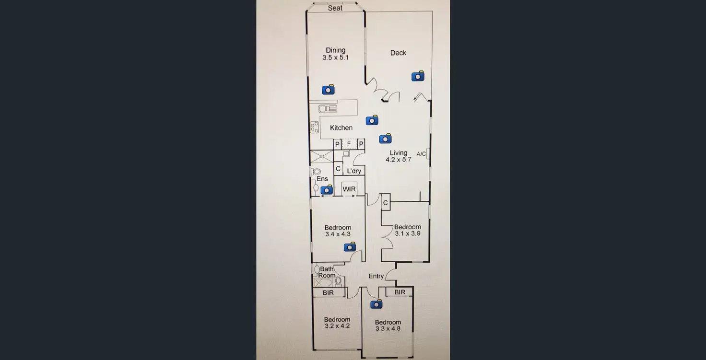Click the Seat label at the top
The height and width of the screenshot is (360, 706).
click(335, 8)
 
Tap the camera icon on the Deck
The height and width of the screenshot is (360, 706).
click(418, 76)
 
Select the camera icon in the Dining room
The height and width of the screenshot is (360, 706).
click(328, 90)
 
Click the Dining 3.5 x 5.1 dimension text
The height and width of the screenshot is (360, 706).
click(336, 58)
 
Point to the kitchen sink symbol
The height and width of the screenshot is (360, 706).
click(328, 109)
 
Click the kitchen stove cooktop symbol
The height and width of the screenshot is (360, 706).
click(315, 127)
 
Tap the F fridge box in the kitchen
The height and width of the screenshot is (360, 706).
click(349, 144)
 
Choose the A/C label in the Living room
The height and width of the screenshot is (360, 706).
click(421, 154)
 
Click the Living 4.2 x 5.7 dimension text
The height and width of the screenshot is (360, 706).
click(399, 160)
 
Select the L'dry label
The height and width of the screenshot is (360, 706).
click(354, 171)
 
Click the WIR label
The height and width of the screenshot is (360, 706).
click(349, 189)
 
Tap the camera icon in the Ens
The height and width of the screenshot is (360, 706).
click(327, 190)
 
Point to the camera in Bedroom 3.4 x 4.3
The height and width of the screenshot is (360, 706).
click(350, 247)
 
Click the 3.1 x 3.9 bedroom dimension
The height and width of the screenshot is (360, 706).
click(408, 234)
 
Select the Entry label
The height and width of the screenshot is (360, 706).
click(376, 276)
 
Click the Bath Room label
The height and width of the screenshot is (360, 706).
click(327, 272)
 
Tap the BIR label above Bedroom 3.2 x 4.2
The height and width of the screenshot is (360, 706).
click(328, 292)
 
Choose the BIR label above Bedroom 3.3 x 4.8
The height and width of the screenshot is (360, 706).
click(400, 292)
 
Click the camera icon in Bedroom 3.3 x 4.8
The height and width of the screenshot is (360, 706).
click(377, 304)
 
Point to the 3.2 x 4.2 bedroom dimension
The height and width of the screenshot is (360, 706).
click(337, 326)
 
